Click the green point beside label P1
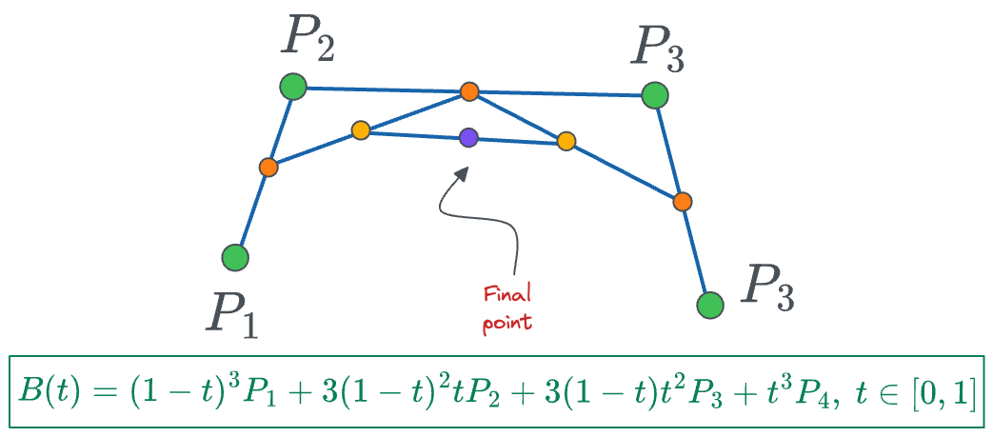[235, 257]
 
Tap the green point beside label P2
[293, 88]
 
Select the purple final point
[467, 137]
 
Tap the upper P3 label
[658, 47]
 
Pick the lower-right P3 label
[770, 284]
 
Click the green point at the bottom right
[709, 305]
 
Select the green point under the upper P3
[654, 95]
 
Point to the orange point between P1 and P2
[268, 167]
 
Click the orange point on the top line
[469, 91]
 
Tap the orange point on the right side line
[682, 201]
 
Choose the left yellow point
[360, 130]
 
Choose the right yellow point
[566, 142]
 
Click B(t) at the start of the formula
[49, 392]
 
